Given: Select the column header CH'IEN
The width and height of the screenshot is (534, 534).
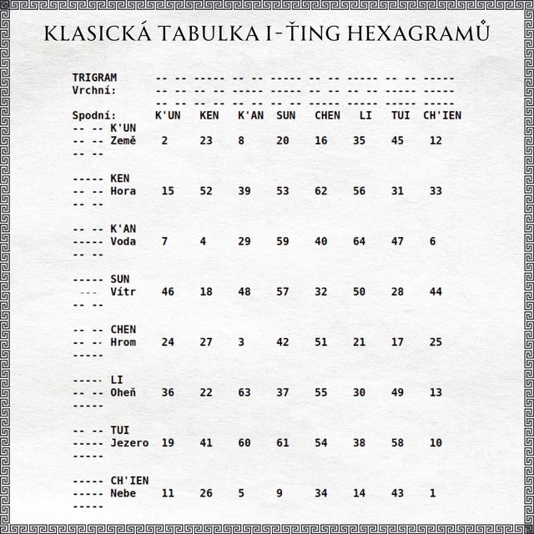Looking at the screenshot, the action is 442,115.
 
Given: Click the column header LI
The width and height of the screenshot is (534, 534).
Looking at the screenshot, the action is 365,115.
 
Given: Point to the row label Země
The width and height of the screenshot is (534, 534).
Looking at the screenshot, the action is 123,141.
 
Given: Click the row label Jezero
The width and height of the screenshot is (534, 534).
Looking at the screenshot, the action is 129,443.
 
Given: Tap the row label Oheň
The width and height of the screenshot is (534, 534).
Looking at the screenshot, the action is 123,392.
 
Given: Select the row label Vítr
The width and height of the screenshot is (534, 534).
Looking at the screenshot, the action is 123,292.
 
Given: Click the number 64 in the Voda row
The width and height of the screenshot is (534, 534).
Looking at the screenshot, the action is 360,241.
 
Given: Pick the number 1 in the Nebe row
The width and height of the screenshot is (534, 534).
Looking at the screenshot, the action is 433,493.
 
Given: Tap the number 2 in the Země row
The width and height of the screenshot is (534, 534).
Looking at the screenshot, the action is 164,141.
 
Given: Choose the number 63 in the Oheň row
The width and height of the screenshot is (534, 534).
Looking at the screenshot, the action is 244,392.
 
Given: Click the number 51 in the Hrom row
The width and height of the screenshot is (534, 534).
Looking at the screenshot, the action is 321,342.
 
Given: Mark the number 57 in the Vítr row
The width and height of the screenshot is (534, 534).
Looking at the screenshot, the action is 283,292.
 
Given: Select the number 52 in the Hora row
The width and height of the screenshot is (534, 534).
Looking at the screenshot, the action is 206,191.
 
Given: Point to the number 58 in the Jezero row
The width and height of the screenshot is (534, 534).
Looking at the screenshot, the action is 398,443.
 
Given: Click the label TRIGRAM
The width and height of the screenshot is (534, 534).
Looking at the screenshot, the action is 94,78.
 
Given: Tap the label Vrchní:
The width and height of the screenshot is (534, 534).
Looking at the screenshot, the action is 94,90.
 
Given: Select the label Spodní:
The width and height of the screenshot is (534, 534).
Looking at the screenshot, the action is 94,115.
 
